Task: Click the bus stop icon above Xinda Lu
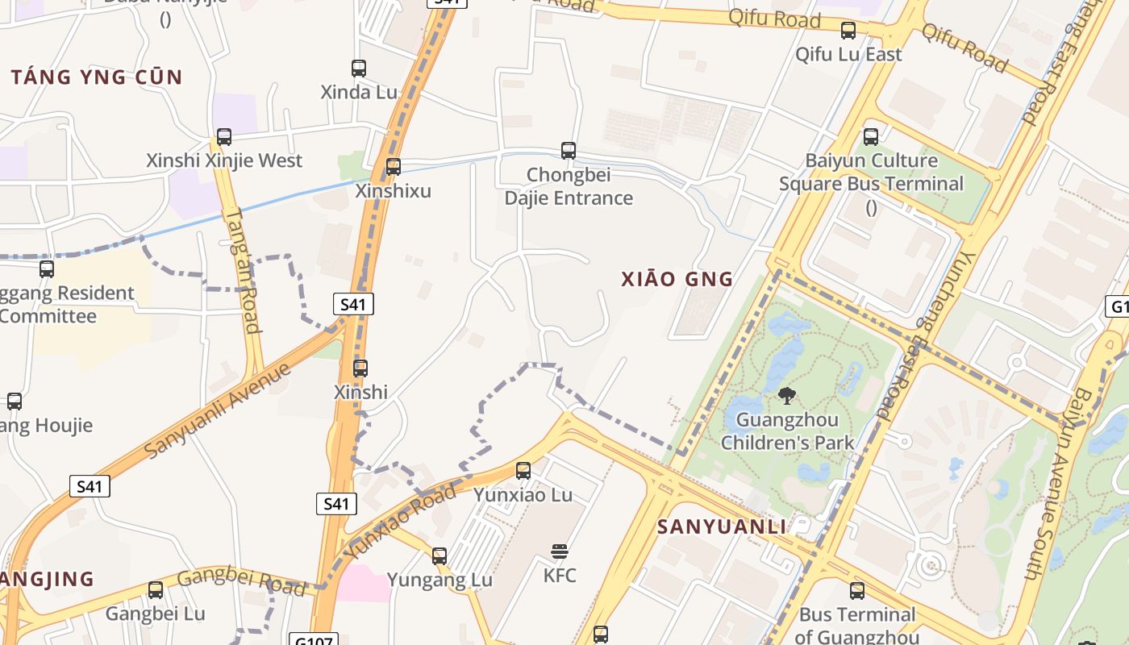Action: pos(359,69)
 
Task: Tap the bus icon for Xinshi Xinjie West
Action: pos(224,137)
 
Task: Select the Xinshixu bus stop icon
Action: pos(394,167)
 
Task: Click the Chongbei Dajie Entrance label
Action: pos(569,186)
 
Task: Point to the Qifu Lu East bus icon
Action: pos(848,31)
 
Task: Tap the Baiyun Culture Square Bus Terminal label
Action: pos(871,173)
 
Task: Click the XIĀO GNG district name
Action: pos(677,279)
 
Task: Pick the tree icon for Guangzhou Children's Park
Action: pos(787,396)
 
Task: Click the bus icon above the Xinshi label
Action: pos(360,368)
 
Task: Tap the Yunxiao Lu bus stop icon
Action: pos(523,471)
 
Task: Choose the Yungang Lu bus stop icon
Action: pos(440,556)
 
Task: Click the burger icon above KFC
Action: pos(560,551)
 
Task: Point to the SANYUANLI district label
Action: pos(722,527)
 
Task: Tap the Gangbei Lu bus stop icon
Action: pos(156,590)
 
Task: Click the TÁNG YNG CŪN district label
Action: pos(97,77)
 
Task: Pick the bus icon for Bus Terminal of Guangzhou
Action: pos(857,591)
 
